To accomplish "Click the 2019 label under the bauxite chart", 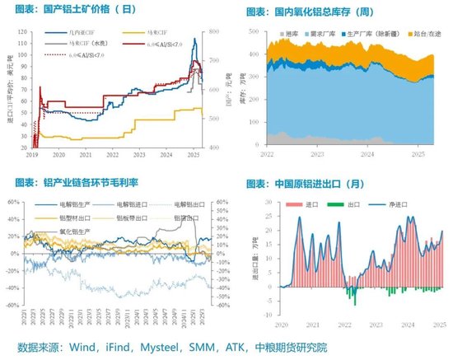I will (x=33, y=154).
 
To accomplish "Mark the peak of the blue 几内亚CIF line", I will (x=194, y=38).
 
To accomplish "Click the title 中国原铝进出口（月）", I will (x=316, y=181).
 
